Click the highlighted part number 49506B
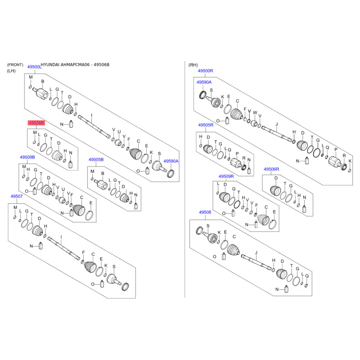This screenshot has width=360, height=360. coord(36,123)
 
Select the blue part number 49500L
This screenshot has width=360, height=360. coord(34,67)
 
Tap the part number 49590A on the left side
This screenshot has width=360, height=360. coord(171,161)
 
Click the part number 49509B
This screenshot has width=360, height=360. coord(27,157)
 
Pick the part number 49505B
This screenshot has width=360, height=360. coord(96,160)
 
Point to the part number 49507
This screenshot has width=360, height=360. coord(17,196)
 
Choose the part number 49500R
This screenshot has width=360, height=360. coord(205,71)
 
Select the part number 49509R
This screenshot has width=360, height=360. coord(226,176)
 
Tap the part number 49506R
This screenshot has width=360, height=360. coord(271,169)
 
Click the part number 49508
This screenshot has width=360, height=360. coord(205,212)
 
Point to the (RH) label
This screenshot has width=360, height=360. coord(193,65)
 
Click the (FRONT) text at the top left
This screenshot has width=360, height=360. coord(15,65)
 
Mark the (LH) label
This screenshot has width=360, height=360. coord(11,71)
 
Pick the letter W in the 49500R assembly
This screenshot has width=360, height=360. coord(255,112)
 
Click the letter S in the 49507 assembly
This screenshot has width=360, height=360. coord(114,266)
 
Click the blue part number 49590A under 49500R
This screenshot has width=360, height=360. coord(203,82)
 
